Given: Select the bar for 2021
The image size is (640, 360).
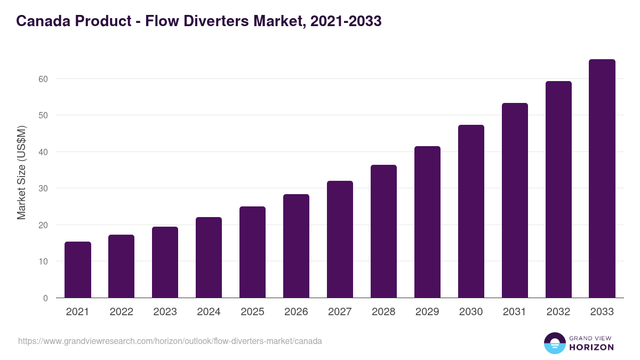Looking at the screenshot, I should pyautogui.click(x=78, y=270).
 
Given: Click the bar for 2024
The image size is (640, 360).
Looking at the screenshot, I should pyautogui.click(x=209, y=258).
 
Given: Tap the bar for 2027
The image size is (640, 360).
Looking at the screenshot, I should pyautogui.click(x=340, y=239).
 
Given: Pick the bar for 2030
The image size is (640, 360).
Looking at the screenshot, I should pyautogui.click(x=471, y=211).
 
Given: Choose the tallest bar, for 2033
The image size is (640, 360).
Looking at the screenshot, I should pyautogui.click(x=602, y=179).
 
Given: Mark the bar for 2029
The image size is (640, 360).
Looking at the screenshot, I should pyautogui.click(x=428, y=222).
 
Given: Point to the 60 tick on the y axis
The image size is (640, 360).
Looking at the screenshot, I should pyautogui.click(x=43, y=79).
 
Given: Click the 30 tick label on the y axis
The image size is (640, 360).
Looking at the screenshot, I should pyautogui.click(x=43, y=188).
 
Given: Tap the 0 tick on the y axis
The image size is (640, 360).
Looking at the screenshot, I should pyautogui.click(x=45, y=298).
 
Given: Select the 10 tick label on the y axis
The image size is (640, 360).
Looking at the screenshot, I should pyautogui.click(x=43, y=261).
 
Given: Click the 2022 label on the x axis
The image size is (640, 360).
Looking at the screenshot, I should pyautogui.click(x=122, y=312).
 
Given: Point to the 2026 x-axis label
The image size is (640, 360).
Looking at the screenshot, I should pyautogui.click(x=297, y=312).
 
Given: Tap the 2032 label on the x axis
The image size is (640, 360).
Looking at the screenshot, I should pyautogui.click(x=558, y=312).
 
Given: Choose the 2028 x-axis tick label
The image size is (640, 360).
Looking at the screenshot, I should pyautogui.click(x=384, y=312).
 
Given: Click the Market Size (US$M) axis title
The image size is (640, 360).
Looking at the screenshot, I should pyautogui.click(x=21, y=173).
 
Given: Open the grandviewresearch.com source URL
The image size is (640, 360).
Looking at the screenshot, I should pyautogui.click(x=170, y=341).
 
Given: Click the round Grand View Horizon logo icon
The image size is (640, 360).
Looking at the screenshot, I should pyautogui.click(x=555, y=343).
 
